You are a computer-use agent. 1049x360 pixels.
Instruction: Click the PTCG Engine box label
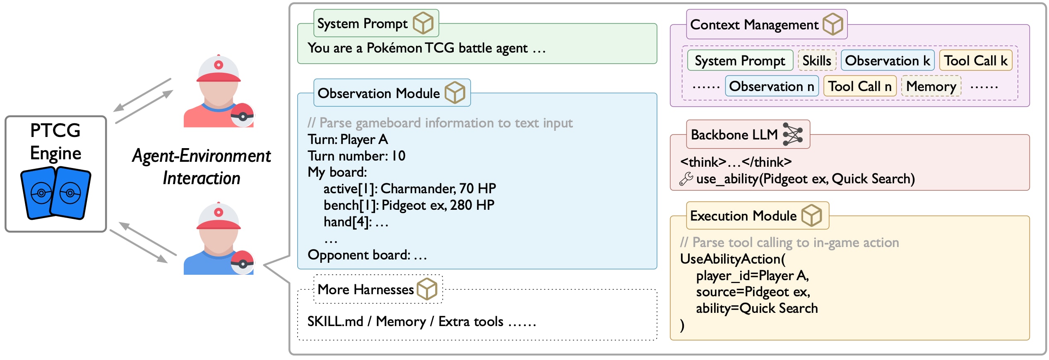point(55,142)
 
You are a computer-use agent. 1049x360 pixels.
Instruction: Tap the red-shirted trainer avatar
point(219,91)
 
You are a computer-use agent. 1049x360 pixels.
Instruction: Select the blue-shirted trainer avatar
point(219,238)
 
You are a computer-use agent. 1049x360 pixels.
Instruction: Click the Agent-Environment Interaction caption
point(201,167)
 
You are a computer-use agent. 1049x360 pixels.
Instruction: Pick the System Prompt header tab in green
point(376,23)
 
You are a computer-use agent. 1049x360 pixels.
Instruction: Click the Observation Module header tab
point(392,93)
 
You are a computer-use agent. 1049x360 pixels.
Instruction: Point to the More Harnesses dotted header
point(378,289)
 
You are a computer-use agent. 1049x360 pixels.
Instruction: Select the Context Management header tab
point(767,24)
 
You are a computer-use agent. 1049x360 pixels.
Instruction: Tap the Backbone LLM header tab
point(748,134)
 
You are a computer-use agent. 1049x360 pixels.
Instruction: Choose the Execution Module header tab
point(758,215)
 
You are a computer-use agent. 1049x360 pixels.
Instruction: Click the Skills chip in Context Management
point(817,60)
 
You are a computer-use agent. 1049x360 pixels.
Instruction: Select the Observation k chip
point(888,60)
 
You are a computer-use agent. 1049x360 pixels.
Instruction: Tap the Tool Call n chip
point(860,86)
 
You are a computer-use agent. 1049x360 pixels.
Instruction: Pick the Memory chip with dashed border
point(931,86)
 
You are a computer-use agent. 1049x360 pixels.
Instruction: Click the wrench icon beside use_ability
point(686,179)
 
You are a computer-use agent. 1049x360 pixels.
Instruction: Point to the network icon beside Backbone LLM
point(793,134)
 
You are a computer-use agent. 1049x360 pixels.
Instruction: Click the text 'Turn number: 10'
point(356,156)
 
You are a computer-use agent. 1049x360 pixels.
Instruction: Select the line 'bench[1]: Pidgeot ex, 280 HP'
point(409,205)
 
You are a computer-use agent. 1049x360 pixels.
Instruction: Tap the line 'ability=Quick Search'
point(757,308)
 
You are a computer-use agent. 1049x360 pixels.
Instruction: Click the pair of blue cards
point(55,193)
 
